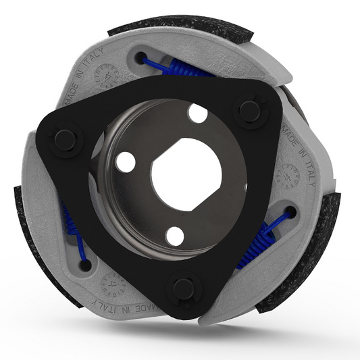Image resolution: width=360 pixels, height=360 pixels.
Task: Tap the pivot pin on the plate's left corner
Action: point(65,140)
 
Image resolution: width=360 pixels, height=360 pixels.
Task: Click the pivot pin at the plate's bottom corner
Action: point(183,289)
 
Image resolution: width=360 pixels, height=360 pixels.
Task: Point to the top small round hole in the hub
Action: point(197,113)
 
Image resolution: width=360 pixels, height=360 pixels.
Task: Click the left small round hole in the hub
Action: point(125,161)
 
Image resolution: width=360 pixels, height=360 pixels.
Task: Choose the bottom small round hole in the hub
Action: point(175,236)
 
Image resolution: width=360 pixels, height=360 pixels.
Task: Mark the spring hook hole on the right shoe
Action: point(291,213)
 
